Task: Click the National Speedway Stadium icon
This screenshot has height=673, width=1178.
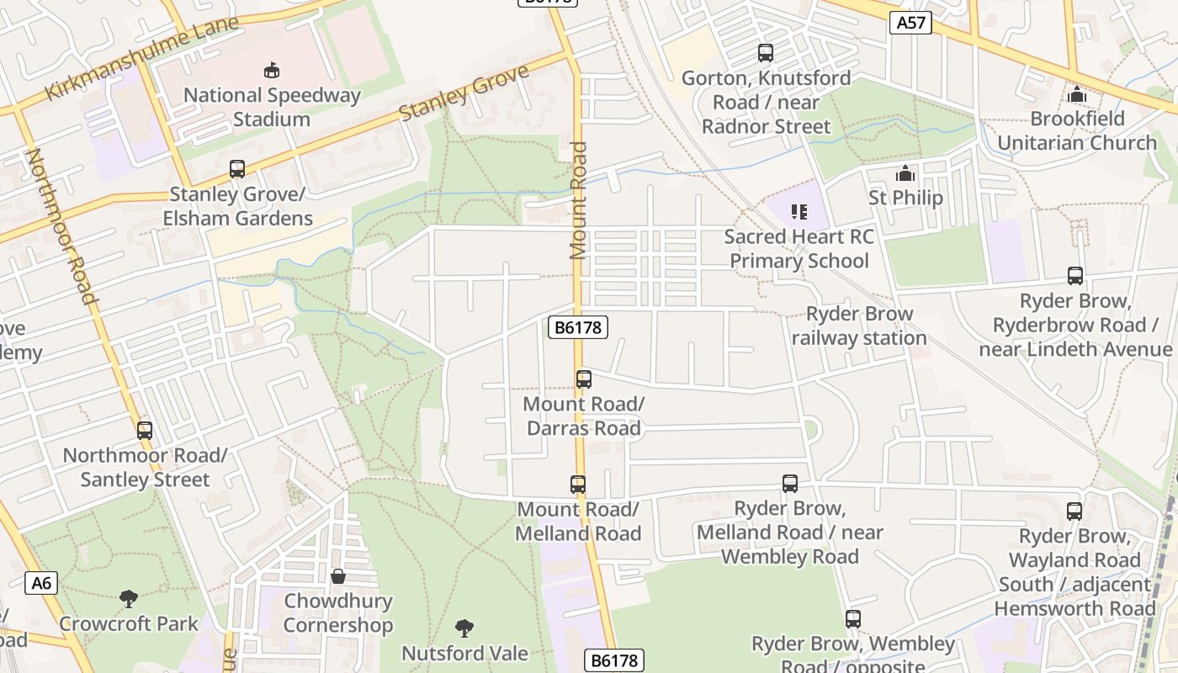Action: click(271, 70)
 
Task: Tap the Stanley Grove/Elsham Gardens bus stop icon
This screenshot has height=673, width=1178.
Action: click(237, 169)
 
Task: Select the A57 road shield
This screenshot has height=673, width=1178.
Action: click(911, 23)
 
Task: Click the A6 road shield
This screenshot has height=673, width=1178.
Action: click(40, 583)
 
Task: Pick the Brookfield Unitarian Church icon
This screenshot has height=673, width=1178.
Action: click(1076, 94)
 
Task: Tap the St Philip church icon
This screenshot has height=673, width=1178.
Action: click(905, 174)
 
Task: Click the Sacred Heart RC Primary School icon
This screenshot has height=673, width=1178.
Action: click(799, 211)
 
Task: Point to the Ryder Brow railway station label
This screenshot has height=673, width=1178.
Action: click(858, 326)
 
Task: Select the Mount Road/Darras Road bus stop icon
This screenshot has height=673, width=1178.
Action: click(584, 379)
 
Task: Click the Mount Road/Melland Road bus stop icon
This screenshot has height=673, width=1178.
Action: click(577, 485)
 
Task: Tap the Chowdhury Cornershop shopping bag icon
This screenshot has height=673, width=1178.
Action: click(338, 576)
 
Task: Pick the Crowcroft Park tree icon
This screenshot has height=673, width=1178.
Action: click(129, 599)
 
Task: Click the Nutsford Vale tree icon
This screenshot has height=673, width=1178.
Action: click(464, 628)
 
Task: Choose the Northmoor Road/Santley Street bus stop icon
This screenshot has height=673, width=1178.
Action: click(145, 431)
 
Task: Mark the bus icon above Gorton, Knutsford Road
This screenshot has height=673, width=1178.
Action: click(766, 53)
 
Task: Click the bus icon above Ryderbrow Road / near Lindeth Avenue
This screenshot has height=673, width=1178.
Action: click(1075, 276)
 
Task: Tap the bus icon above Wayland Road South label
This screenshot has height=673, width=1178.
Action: click(1074, 511)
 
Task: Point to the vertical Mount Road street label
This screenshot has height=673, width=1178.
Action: click(578, 200)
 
